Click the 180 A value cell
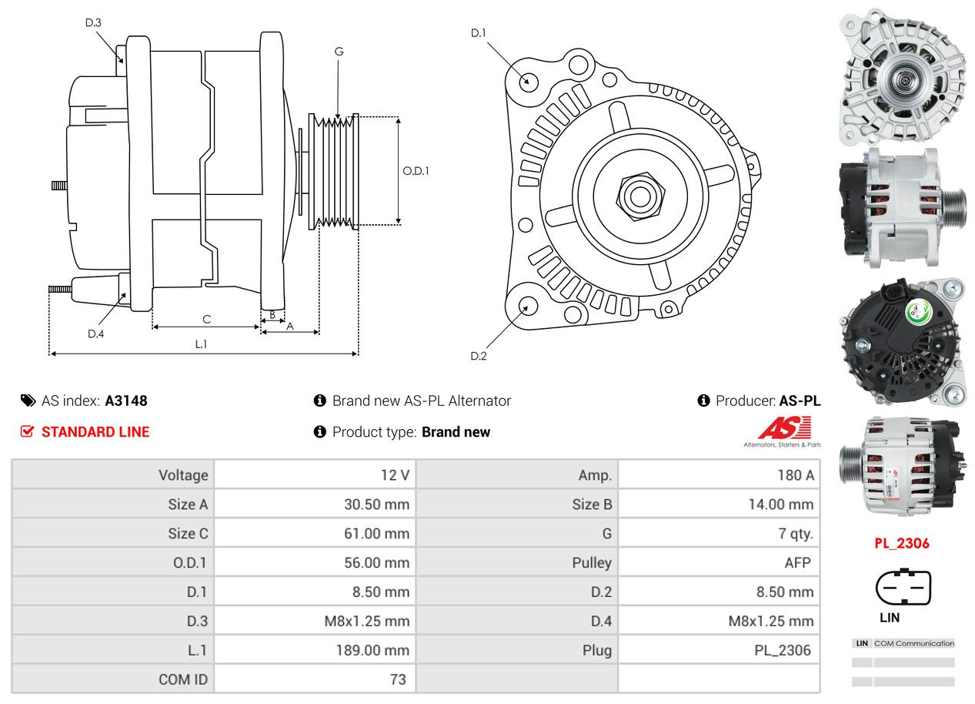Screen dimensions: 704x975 pyautogui.click(x=795, y=475)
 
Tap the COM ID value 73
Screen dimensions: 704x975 pyautogui.click(x=397, y=679)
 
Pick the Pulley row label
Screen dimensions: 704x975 pyautogui.click(x=591, y=562)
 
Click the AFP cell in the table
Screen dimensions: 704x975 pyautogui.click(x=797, y=562)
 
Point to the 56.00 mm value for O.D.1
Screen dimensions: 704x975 pyautogui.click(x=376, y=562)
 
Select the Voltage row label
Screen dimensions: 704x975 pyautogui.click(x=183, y=475)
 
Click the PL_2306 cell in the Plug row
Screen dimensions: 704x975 pyautogui.click(x=782, y=650)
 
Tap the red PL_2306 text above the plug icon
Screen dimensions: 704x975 pyautogui.click(x=901, y=543)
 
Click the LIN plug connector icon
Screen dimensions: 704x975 pyautogui.click(x=903, y=588)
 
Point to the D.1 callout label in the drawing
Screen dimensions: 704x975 pyautogui.click(x=479, y=33)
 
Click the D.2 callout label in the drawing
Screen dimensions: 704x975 pyautogui.click(x=479, y=356)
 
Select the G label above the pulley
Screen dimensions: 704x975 pyautogui.click(x=339, y=52)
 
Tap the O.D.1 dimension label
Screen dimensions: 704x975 pyautogui.click(x=416, y=171)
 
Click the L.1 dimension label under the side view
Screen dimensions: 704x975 pyautogui.click(x=201, y=344)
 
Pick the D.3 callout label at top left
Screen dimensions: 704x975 pyautogui.click(x=93, y=22)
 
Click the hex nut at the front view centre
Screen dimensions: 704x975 pyautogui.click(x=639, y=195)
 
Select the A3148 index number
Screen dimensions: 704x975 pyautogui.click(x=126, y=401)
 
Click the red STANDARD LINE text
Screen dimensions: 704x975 pyautogui.click(x=95, y=432)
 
